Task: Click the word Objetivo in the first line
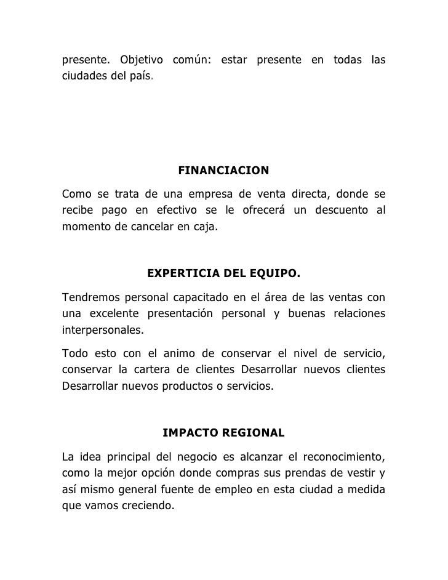pyautogui.click(x=142, y=60)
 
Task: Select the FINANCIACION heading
pyautogui.click(x=223, y=170)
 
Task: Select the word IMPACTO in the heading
pyautogui.click(x=188, y=433)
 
